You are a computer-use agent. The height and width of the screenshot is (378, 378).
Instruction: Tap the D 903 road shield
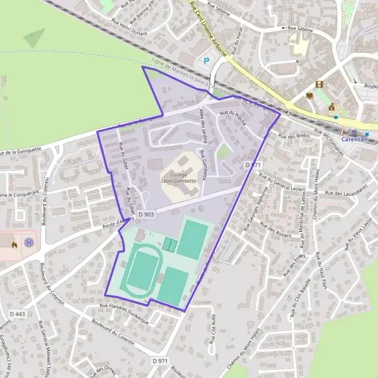pyautogui.click(x=146, y=215)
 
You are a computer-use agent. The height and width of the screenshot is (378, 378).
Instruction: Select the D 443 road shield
pyautogui.click(x=17, y=314)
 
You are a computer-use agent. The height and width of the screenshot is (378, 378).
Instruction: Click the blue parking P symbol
pyautogui.click(x=205, y=61)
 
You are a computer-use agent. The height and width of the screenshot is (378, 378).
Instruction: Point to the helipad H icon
pyautogui.click(x=28, y=242)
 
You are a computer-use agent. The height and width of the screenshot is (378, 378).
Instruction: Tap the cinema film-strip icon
pyautogui.click(x=319, y=84)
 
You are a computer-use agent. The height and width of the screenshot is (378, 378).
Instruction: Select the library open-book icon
pyautogui.click(x=309, y=94)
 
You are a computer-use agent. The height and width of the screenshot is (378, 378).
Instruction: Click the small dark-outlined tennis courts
pyautogui.click(x=169, y=243)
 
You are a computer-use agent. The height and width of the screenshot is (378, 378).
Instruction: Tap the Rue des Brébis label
pyautogui.click(x=291, y=137)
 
